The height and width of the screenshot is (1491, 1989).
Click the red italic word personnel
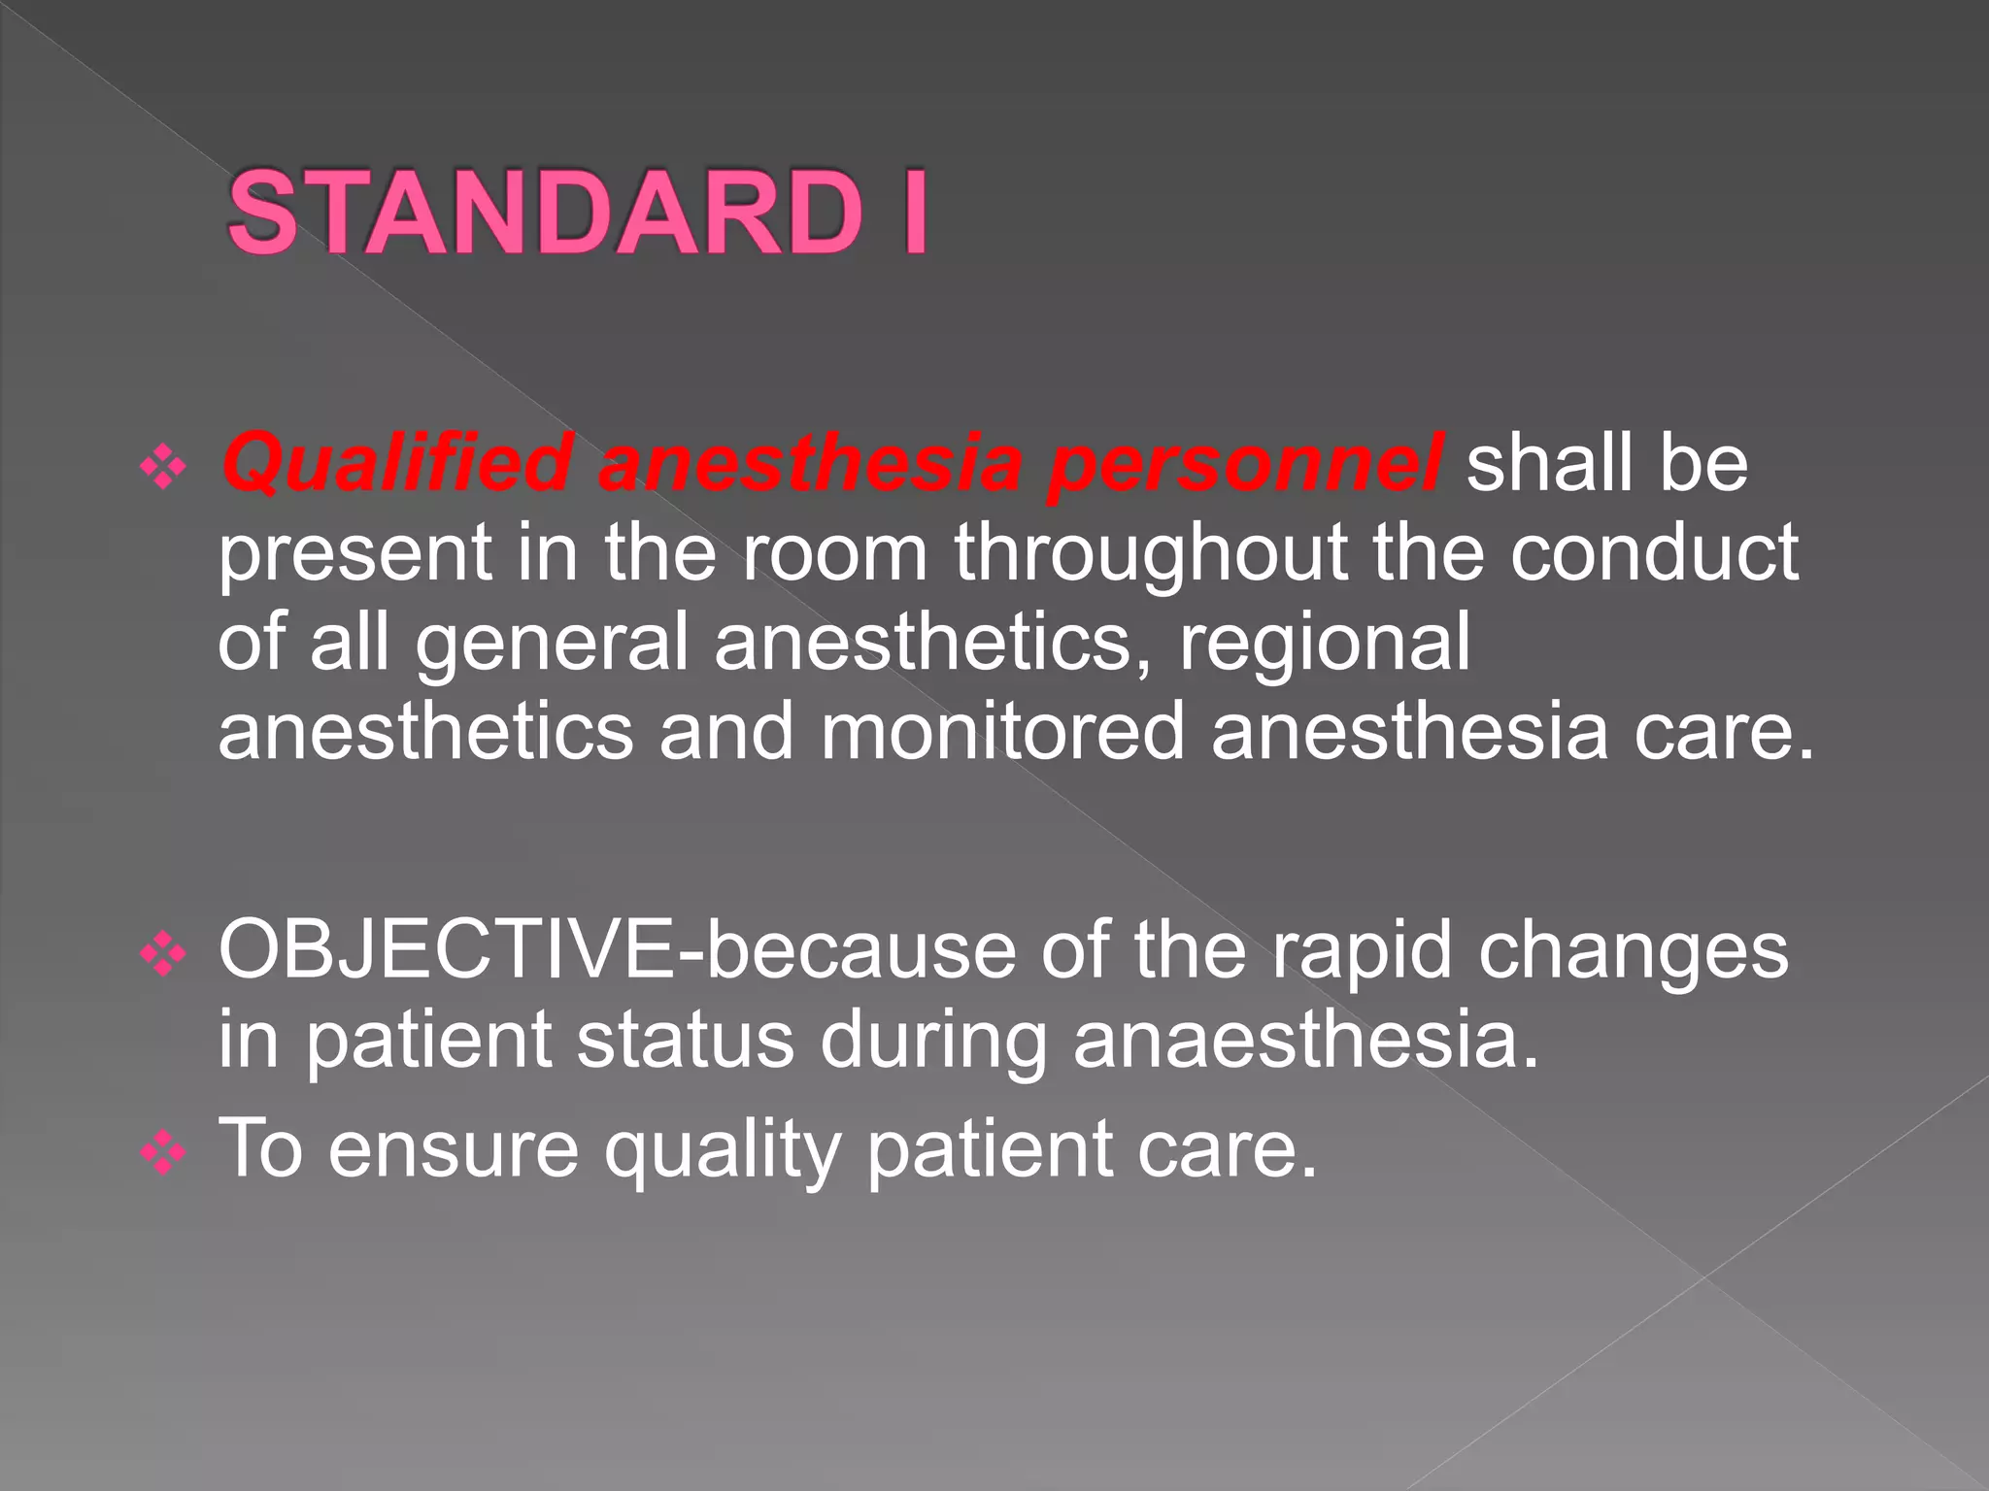(x=1245, y=464)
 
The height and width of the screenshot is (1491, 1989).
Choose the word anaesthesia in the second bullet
(x=1306, y=1041)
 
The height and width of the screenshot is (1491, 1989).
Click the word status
(x=685, y=1041)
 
